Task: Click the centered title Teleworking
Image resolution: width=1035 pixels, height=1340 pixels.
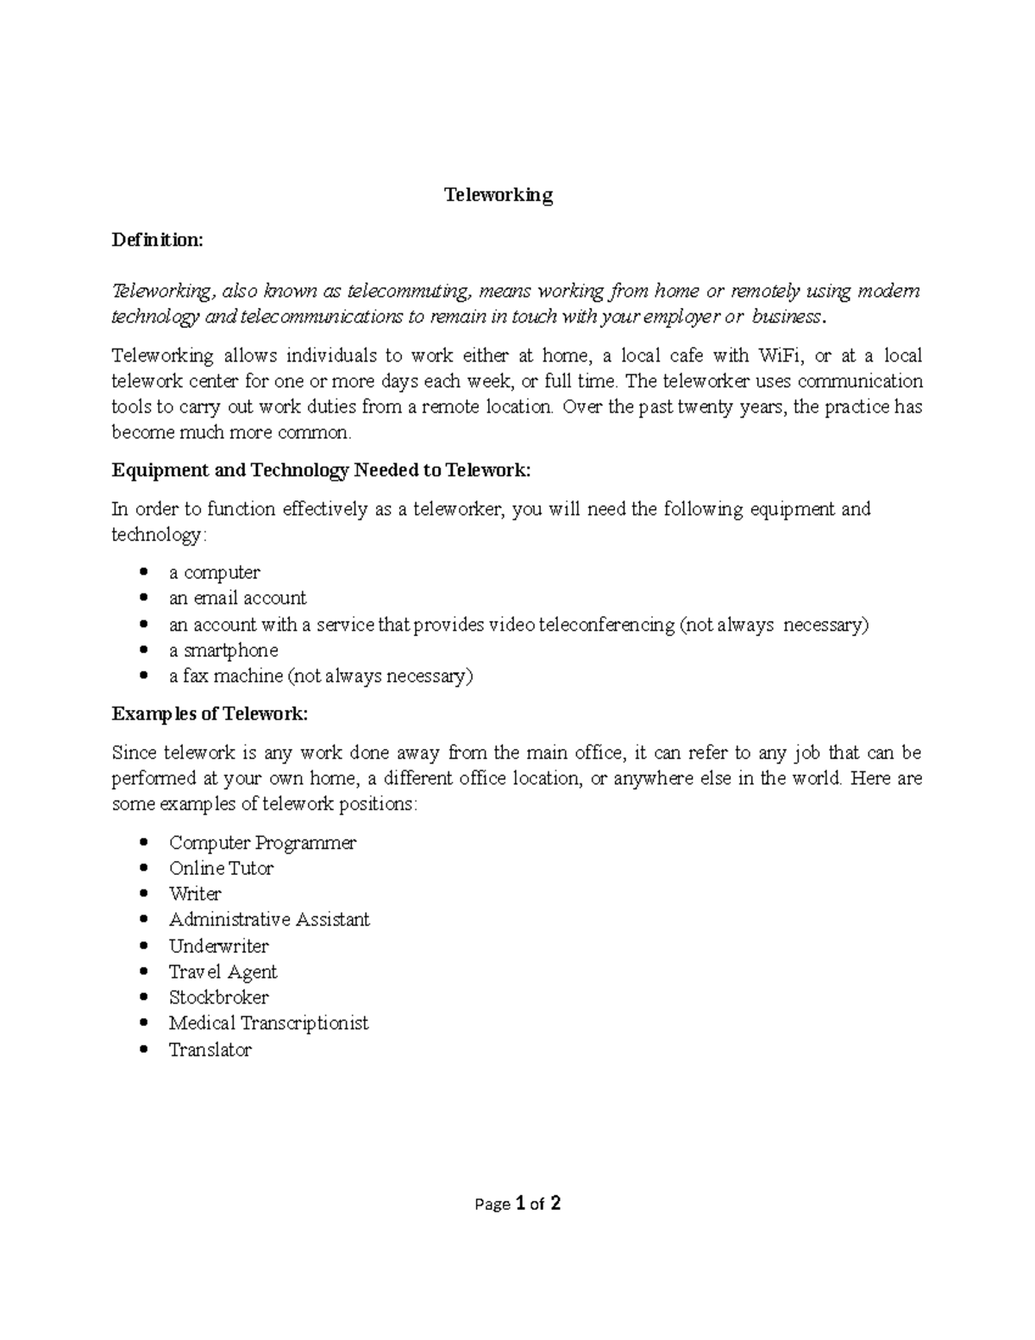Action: click(x=499, y=195)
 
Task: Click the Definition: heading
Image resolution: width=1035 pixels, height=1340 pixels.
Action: click(x=157, y=240)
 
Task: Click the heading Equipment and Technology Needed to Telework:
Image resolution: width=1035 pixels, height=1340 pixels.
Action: click(x=322, y=470)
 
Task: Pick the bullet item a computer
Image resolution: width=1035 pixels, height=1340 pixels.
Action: click(x=214, y=572)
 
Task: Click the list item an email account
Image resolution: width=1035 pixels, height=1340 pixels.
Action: click(x=237, y=598)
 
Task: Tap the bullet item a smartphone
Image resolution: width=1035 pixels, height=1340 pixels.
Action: click(x=223, y=650)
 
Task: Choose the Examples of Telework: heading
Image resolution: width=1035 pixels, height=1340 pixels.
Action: click(x=210, y=714)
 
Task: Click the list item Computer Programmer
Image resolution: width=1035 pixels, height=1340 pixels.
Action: click(x=262, y=842)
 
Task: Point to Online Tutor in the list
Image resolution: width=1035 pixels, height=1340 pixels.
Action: click(x=221, y=868)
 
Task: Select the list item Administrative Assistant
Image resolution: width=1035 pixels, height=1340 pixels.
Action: click(x=269, y=920)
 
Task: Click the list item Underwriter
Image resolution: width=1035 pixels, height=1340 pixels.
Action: click(x=218, y=946)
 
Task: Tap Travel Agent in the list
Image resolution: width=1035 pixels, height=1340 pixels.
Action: click(x=223, y=972)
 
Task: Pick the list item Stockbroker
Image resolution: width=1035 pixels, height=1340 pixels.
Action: click(x=218, y=997)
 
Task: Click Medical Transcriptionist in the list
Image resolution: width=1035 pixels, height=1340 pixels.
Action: click(x=268, y=1023)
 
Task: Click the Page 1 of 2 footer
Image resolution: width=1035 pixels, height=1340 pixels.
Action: click(x=517, y=1204)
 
